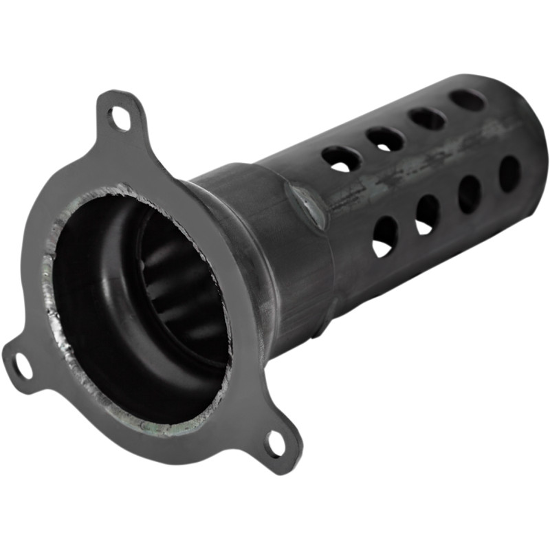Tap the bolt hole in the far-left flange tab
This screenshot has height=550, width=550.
(22, 364)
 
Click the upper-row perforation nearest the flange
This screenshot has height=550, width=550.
(341, 159)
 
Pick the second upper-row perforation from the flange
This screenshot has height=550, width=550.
(385, 139)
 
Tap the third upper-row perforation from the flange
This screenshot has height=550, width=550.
(427, 118)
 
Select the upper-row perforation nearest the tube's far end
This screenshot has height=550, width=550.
(467, 100)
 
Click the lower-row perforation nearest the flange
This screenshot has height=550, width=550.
(384, 237)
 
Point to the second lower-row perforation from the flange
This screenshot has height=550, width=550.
(427, 214)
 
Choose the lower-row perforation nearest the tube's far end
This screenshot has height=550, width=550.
(509, 174)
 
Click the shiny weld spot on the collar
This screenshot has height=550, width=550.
(307, 206)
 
